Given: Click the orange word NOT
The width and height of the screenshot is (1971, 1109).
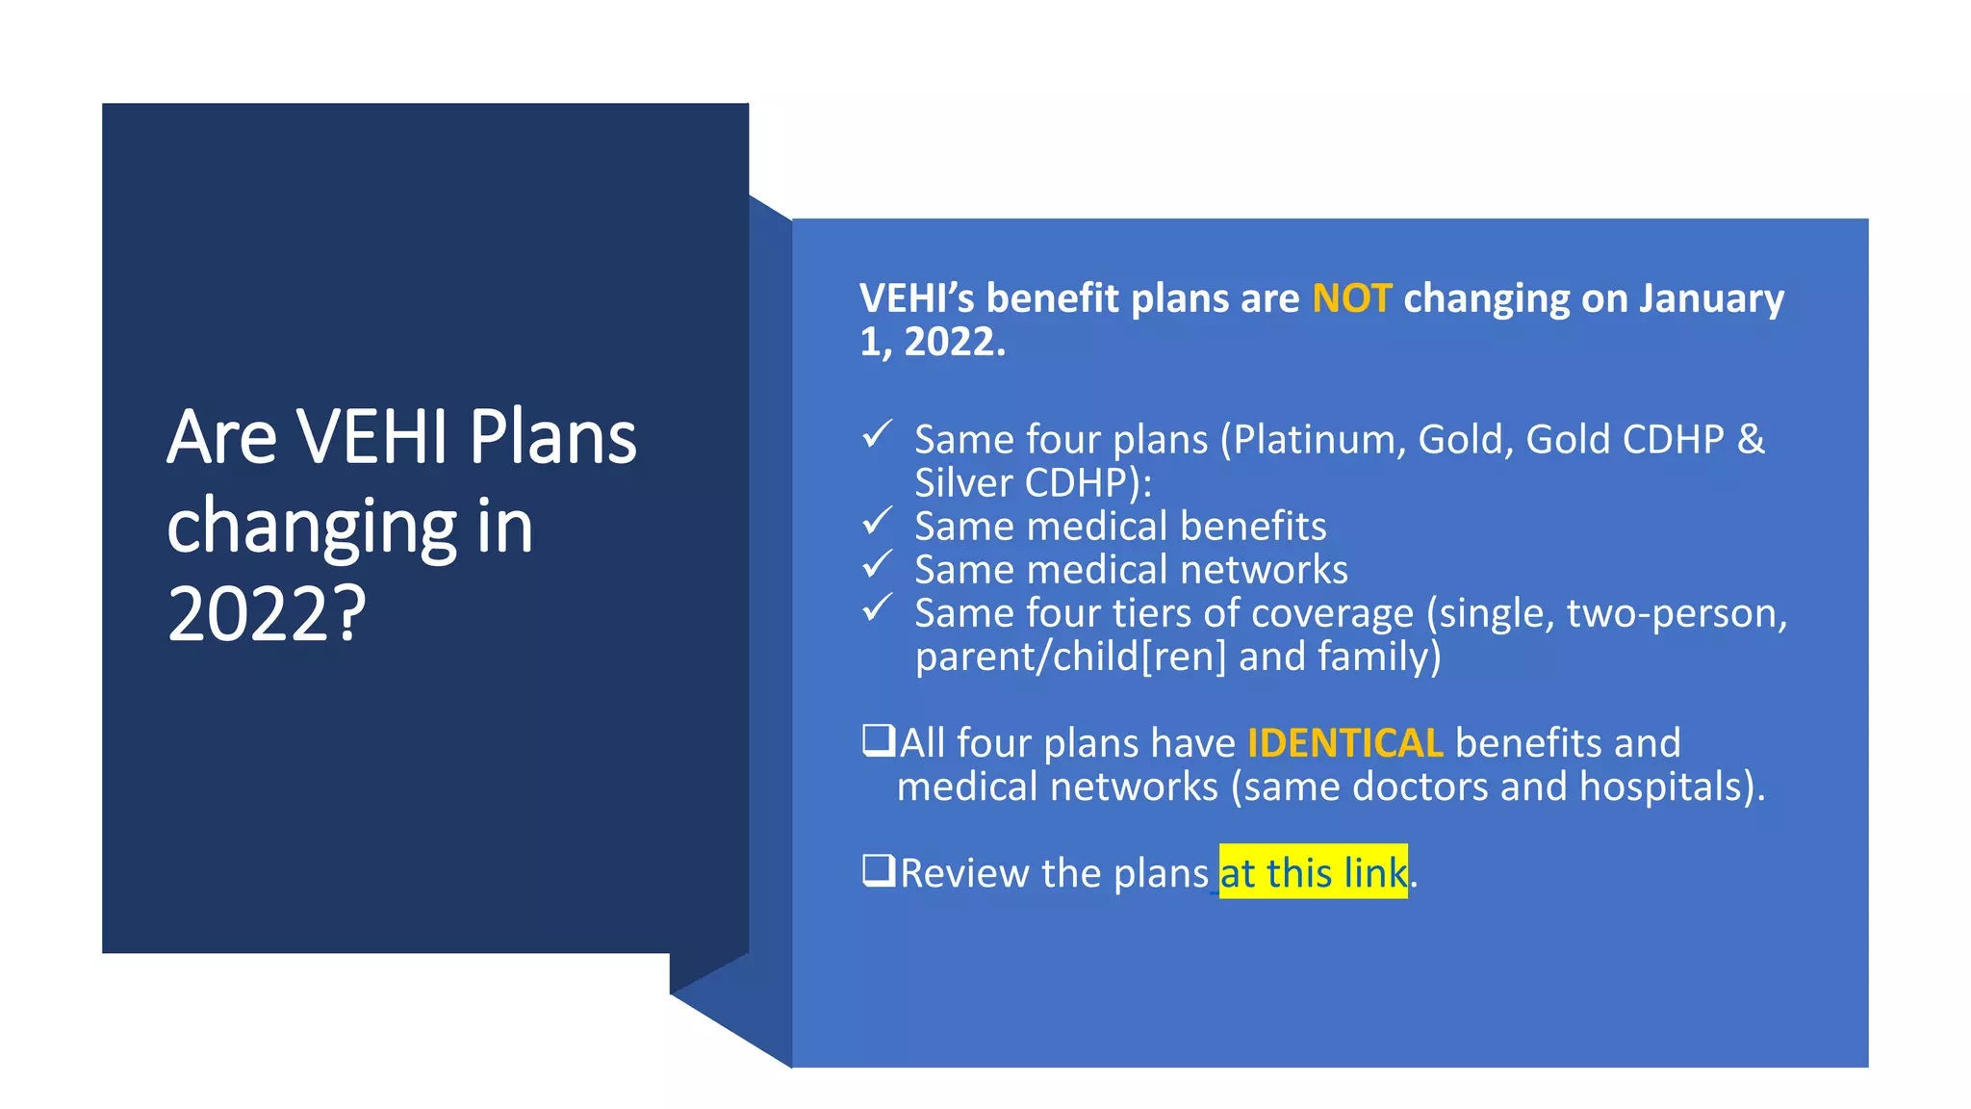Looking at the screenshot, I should tap(1351, 298).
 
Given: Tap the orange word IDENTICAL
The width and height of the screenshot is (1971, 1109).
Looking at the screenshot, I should tap(1344, 743).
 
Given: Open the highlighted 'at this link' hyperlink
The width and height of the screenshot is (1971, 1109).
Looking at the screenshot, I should tap(1313, 873).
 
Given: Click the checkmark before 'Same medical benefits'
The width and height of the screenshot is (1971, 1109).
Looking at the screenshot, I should tap(877, 522).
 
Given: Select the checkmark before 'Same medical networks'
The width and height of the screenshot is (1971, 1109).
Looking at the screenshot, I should tap(877, 565).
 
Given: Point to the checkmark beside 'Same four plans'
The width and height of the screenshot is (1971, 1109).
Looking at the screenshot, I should tap(877, 435).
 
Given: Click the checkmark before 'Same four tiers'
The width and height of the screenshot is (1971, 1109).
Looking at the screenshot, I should tap(877, 608).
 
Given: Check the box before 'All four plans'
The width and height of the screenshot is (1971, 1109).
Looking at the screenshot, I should tap(878, 740).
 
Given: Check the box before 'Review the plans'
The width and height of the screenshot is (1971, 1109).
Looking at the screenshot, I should tap(878, 870).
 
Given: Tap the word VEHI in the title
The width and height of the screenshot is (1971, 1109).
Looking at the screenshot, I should tap(371, 437).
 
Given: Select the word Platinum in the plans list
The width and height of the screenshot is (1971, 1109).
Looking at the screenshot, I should tap(1314, 440).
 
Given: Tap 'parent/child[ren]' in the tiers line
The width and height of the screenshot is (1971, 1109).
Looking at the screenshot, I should tap(1070, 657).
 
